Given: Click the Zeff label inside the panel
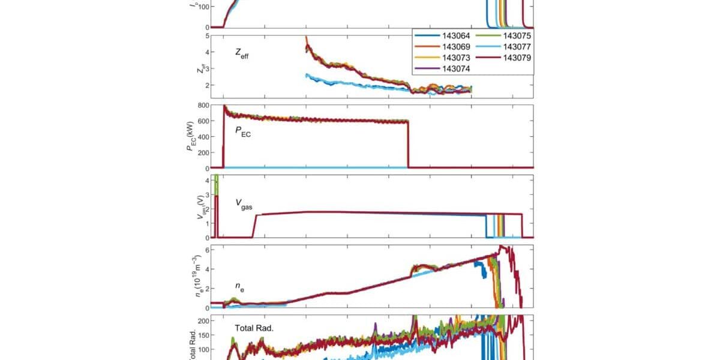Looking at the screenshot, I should [243, 53].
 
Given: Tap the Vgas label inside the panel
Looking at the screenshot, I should [244, 204].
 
